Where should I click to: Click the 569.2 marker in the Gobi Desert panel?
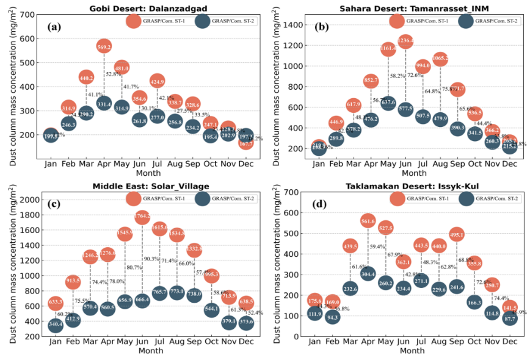pos(104,46)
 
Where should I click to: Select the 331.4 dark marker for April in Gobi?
pos(104,104)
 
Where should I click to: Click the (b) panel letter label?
pos(322,27)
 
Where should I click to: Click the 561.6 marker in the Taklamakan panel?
pos(368,221)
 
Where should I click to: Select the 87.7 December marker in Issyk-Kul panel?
pos(507,318)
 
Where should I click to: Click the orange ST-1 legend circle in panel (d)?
pos(397,199)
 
